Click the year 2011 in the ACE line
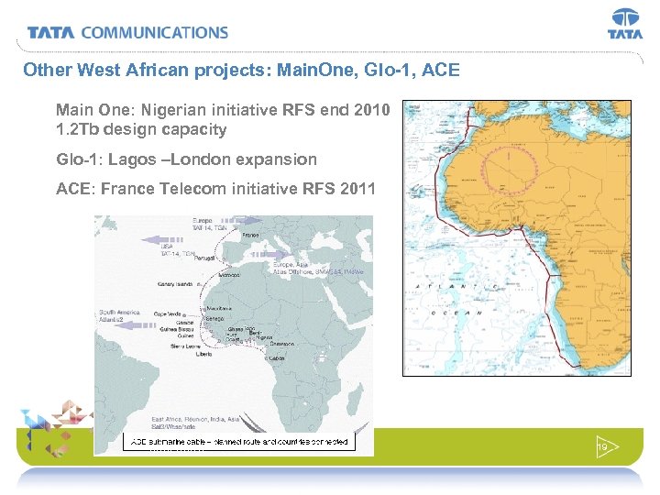tap(357, 190)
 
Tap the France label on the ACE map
tap(250, 236)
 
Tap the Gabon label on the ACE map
tap(277, 358)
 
